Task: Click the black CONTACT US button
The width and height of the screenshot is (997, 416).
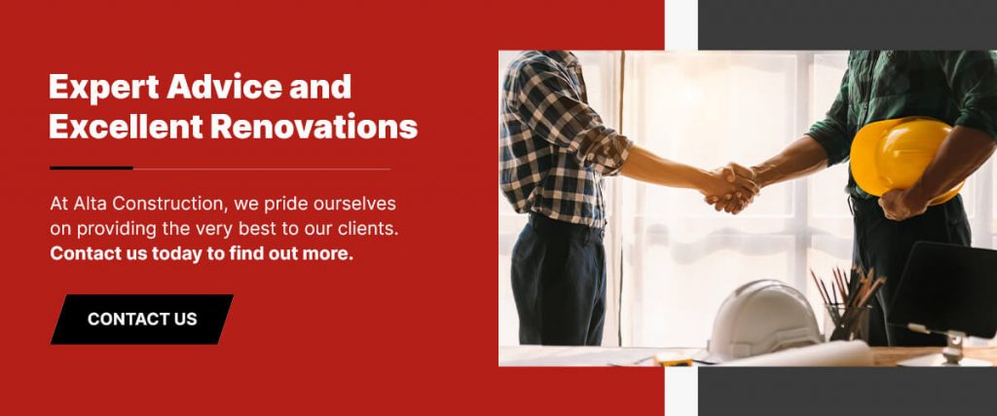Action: pyautogui.click(x=142, y=320)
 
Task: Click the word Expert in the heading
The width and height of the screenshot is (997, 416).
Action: pyautogui.click(x=103, y=87)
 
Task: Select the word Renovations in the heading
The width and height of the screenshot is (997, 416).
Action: pyautogui.click(x=314, y=127)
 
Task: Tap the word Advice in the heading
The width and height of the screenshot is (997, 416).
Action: pyautogui.click(x=225, y=86)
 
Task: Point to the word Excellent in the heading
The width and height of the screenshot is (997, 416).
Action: pyautogui.click(x=126, y=127)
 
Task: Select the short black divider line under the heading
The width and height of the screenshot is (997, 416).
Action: pyautogui.click(x=92, y=168)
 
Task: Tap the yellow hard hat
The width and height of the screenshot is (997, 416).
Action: pyautogui.click(x=903, y=157)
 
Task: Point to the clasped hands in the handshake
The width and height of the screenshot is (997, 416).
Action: pyautogui.click(x=732, y=187)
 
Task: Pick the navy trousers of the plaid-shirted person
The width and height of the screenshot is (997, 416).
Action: pyautogui.click(x=556, y=279)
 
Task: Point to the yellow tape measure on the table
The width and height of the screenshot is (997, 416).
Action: pyautogui.click(x=672, y=359)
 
